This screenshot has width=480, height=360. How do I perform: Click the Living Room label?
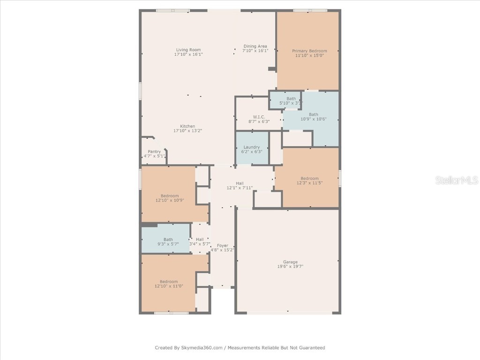tap(188, 50)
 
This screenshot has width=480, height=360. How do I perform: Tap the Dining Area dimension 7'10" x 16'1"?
tap(255, 51)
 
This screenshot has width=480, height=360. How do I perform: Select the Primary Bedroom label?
tap(309, 51)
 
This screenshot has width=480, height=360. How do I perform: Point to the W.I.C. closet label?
tap(259, 117)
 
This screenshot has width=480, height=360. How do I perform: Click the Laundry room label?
tap(252, 147)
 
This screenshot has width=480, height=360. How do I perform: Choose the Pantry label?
tap(154, 151)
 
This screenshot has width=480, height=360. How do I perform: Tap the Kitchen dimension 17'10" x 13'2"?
tap(187, 131)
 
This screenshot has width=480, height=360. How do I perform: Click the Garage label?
tap(290, 262)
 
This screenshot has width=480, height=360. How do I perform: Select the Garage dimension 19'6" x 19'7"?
tap(290, 267)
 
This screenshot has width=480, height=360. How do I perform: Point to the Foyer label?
tap(222, 246)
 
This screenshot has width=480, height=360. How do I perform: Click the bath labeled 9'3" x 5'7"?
tap(168, 242)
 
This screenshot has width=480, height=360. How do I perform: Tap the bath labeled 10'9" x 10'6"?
tap(313, 117)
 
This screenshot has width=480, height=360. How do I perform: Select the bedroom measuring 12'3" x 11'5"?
tap(309, 181)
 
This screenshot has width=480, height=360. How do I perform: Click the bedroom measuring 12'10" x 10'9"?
tap(170, 198)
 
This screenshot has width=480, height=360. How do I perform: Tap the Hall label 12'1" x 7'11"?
tap(240, 186)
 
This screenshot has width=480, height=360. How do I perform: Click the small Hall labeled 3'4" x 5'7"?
tap(200, 242)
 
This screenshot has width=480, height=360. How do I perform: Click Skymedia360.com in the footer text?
tap(202, 348)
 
